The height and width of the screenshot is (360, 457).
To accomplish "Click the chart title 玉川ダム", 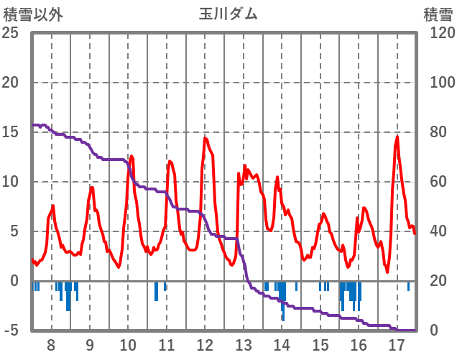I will click(x=228, y=14).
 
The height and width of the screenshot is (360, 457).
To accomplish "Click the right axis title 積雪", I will click(x=437, y=14).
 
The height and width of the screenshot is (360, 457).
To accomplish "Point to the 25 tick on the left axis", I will click(x=11, y=33).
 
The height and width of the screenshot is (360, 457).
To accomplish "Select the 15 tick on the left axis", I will click(x=11, y=132).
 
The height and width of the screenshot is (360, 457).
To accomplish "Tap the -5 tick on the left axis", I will click(x=11, y=331).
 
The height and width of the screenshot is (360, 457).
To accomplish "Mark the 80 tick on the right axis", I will click(x=434, y=132).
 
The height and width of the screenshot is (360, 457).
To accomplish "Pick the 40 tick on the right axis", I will click(x=434, y=231).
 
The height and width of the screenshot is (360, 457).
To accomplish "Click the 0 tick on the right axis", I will click(x=430, y=331).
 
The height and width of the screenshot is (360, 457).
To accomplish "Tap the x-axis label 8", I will click(x=51, y=343).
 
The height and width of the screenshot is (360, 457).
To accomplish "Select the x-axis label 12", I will click(x=205, y=343).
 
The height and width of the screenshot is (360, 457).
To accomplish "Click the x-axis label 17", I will click(x=397, y=343).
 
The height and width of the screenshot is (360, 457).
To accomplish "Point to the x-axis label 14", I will click(x=282, y=343).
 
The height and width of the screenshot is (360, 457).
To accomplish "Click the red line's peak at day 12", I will click(x=205, y=138).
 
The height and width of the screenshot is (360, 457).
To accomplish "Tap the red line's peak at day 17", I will click(x=397, y=137).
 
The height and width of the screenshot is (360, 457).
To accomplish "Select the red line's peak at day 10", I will click(x=131, y=156).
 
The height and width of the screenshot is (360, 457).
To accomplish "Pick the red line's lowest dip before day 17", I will click(x=387, y=272).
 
